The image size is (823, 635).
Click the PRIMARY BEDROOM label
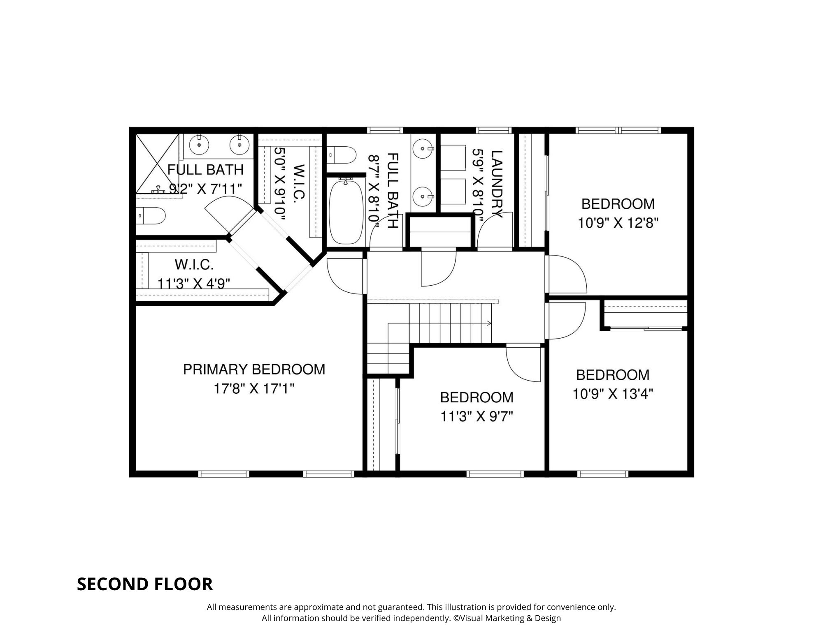(254, 369)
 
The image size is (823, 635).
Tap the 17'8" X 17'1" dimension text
(254, 388)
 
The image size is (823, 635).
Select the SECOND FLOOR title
(145, 584)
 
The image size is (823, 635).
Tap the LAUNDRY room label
(497, 184)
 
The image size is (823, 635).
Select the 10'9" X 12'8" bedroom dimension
(618, 223)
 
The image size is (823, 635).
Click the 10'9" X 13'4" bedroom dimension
(613, 394)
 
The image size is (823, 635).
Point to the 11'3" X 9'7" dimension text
(477, 417)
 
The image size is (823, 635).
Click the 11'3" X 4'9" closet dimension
(194, 284)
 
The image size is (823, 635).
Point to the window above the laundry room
(494, 130)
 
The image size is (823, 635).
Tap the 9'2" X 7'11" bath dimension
(205, 189)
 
